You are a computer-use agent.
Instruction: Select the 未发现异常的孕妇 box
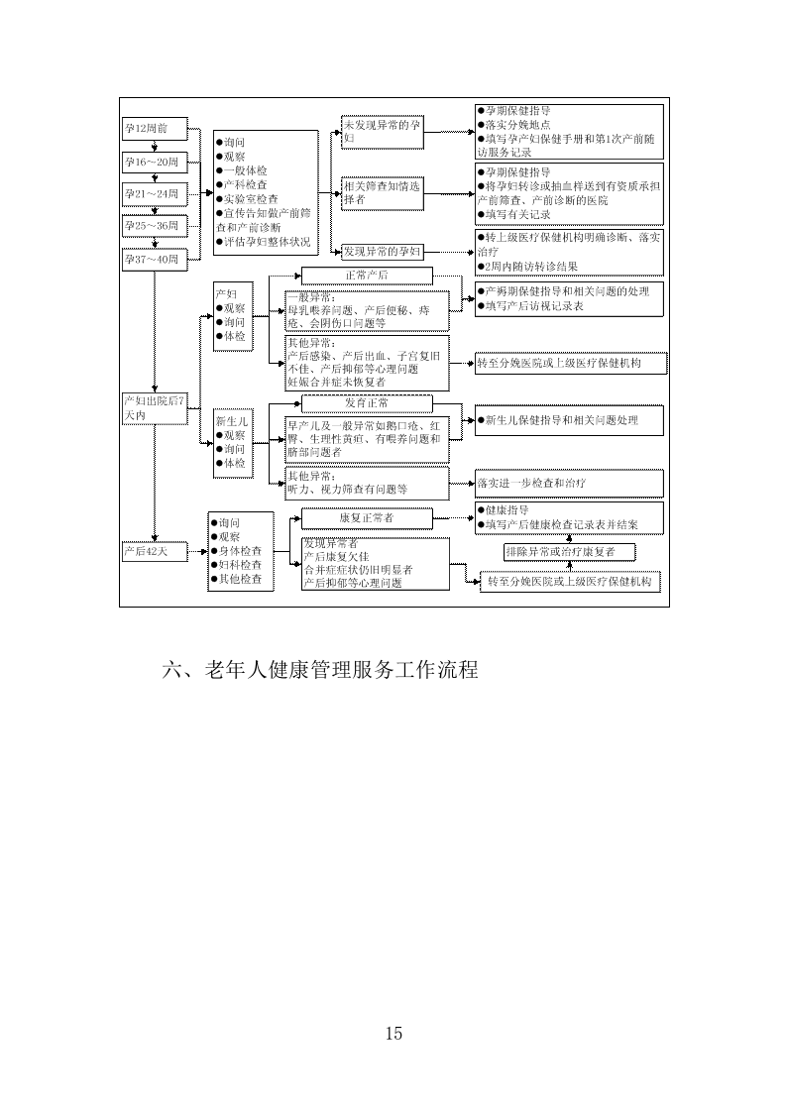pyautogui.click(x=382, y=132)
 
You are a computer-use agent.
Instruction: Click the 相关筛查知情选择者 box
pyautogui.click(x=382, y=192)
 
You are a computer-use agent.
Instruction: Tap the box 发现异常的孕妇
pyautogui.click(x=382, y=252)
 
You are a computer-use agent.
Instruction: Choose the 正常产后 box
pyautogui.click(x=367, y=276)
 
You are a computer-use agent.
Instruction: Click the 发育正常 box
pyautogui.click(x=367, y=403)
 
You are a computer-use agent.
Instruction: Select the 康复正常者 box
pyautogui.click(x=367, y=518)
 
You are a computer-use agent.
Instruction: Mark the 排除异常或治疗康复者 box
pyautogui.click(x=568, y=551)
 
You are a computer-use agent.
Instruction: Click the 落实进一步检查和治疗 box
pyautogui.click(x=568, y=484)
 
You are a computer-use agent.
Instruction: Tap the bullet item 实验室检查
pyautogui.click(x=245, y=198)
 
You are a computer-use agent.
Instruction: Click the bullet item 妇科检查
pyautogui.click(x=240, y=565)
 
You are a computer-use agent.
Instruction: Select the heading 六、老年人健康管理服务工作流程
pyautogui.click(x=319, y=671)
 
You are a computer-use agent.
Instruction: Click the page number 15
pyautogui.click(x=393, y=1034)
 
